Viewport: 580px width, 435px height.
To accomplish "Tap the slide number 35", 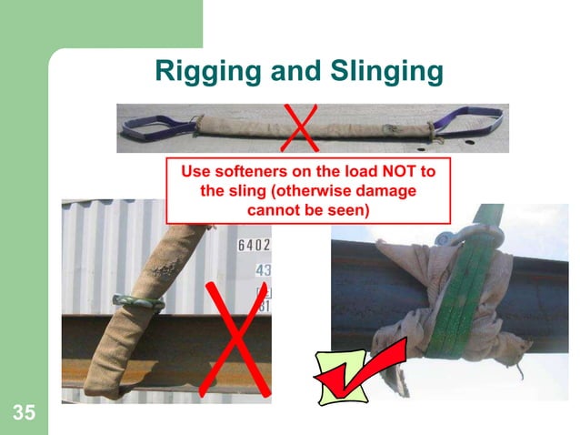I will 25,414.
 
